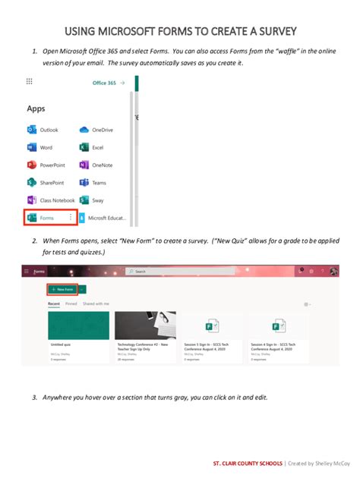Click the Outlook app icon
click(32, 131)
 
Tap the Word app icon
click(32, 148)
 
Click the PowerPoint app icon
click(32, 165)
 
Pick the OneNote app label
click(102, 165)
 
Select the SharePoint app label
click(52, 183)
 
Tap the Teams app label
click(99, 183)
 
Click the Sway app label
click(98, 200)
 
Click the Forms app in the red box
click(47, 219)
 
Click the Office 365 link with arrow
click(108, 83)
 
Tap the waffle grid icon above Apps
click(29, 81)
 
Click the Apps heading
click(36, 108)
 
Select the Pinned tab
click(71, 303)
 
